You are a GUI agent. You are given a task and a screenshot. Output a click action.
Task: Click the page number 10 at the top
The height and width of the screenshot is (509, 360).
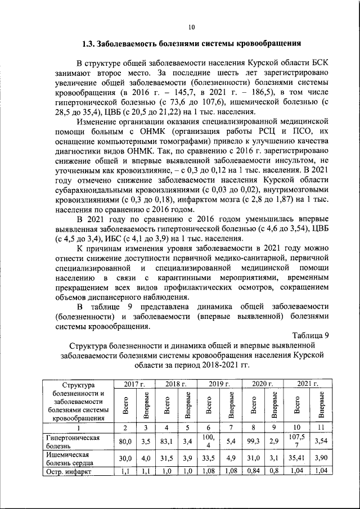coord(191,26)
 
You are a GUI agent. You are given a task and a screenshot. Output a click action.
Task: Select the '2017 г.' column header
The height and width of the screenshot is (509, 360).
coord(134,384)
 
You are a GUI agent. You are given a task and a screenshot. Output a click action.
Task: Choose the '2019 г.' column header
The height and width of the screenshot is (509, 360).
coord(219,384)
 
